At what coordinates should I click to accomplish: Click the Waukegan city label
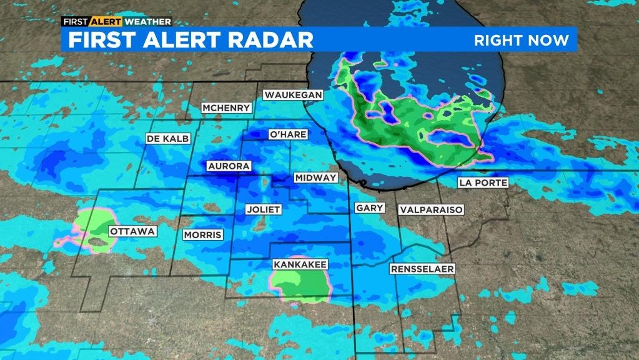click(x=293, y=95)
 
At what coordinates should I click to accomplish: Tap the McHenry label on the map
click(x=227, y=108)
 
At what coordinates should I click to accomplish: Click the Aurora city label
click(x=229, y=166)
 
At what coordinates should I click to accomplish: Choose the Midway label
click(x=315, y=178)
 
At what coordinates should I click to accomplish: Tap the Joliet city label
click(x=263, y=209)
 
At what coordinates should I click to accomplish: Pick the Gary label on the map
click(x=369, y=207)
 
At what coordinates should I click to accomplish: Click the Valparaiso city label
click(x=432, y=210)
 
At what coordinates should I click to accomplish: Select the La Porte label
click(x=483, y=182)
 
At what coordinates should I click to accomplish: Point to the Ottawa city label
click(x=132, y=231)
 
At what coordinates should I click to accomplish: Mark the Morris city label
click(x=202, y=235)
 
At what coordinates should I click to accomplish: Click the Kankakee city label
click(x=300, y=265)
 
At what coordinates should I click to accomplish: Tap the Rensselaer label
click(x=422, y=269)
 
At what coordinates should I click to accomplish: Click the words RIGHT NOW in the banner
click(x=522, y=41)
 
